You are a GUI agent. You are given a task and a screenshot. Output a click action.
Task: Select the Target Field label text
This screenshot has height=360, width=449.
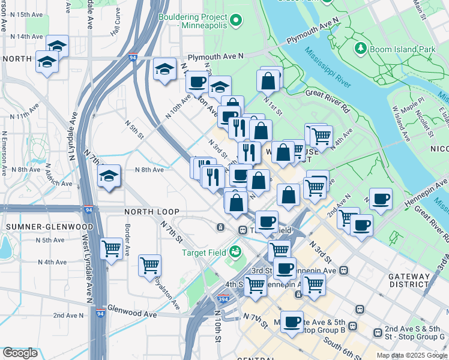pos(204,252)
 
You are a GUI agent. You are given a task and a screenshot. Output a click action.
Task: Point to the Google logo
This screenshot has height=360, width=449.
pos(20,353)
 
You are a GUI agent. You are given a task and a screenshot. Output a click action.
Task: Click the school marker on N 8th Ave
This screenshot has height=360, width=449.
pos(109,176)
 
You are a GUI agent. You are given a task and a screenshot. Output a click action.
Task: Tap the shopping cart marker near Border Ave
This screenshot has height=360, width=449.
pos(111,247)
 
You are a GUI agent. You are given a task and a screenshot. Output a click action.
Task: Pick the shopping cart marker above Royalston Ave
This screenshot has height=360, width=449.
pos(149,264)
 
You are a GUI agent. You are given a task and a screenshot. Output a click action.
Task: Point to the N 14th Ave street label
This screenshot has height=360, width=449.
pos(22,37)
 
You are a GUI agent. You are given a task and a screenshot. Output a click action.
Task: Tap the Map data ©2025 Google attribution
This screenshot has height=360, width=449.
pos(412,355)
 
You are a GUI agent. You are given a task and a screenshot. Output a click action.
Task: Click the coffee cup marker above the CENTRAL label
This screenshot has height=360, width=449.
pos(292,322)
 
